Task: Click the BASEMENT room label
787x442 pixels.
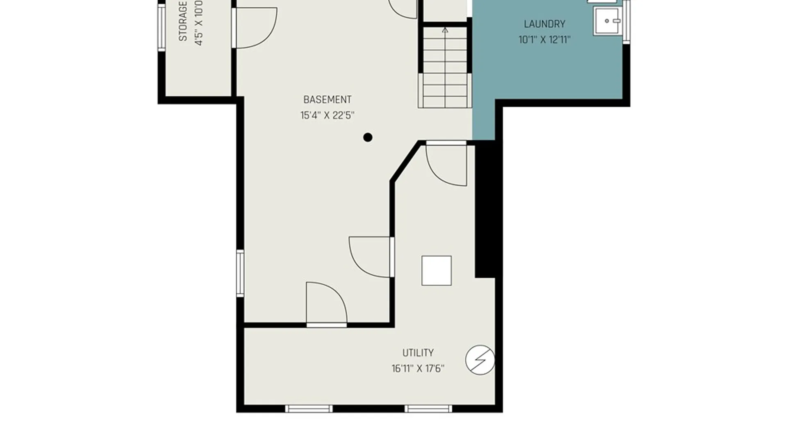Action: coord(327,99)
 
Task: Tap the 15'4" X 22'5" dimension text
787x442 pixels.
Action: coord(327,115)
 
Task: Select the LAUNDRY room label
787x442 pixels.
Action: coord(544,24)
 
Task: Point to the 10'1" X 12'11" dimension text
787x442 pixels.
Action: coord(544,40)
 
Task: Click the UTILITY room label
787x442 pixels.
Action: coord(418,353)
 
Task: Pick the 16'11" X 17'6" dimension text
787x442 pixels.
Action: coord(418,369)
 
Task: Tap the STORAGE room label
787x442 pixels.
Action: coord(183,21)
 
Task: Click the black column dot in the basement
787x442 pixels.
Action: coord(368,138)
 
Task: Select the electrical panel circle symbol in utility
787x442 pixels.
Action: coord(480,360)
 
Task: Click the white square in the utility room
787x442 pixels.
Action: coord(437,271)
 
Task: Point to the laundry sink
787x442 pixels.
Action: coord(607,21)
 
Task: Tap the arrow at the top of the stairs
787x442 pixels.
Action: coord(445,30)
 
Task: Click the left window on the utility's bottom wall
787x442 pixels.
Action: coord(309,408)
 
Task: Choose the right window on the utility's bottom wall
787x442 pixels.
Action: coord(428,408)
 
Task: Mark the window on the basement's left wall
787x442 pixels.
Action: coord(240,273)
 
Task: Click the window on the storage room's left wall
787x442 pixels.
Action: coord(161,27)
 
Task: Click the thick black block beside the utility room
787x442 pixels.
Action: coord(485,209)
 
